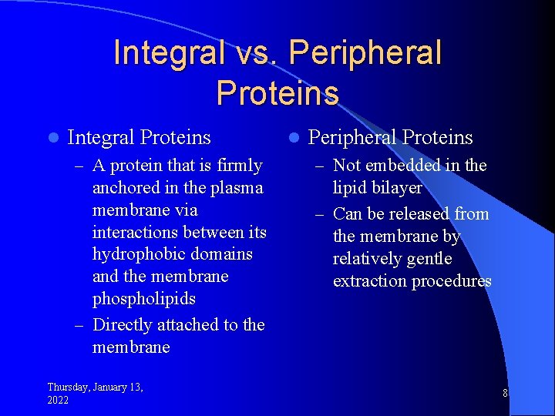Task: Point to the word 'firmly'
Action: (x=240, y=166)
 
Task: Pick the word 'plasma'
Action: (x=237, y=188)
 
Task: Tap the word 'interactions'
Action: (x=136, y=232)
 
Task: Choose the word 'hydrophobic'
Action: (x=138, y=254)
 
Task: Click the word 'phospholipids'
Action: (x=144, y=299)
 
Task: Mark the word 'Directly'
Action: (x=123, y=325)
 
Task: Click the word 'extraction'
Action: (x=370, y=281)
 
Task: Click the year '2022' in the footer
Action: (x=58, y=400)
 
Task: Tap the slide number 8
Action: (x=505, y=394)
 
